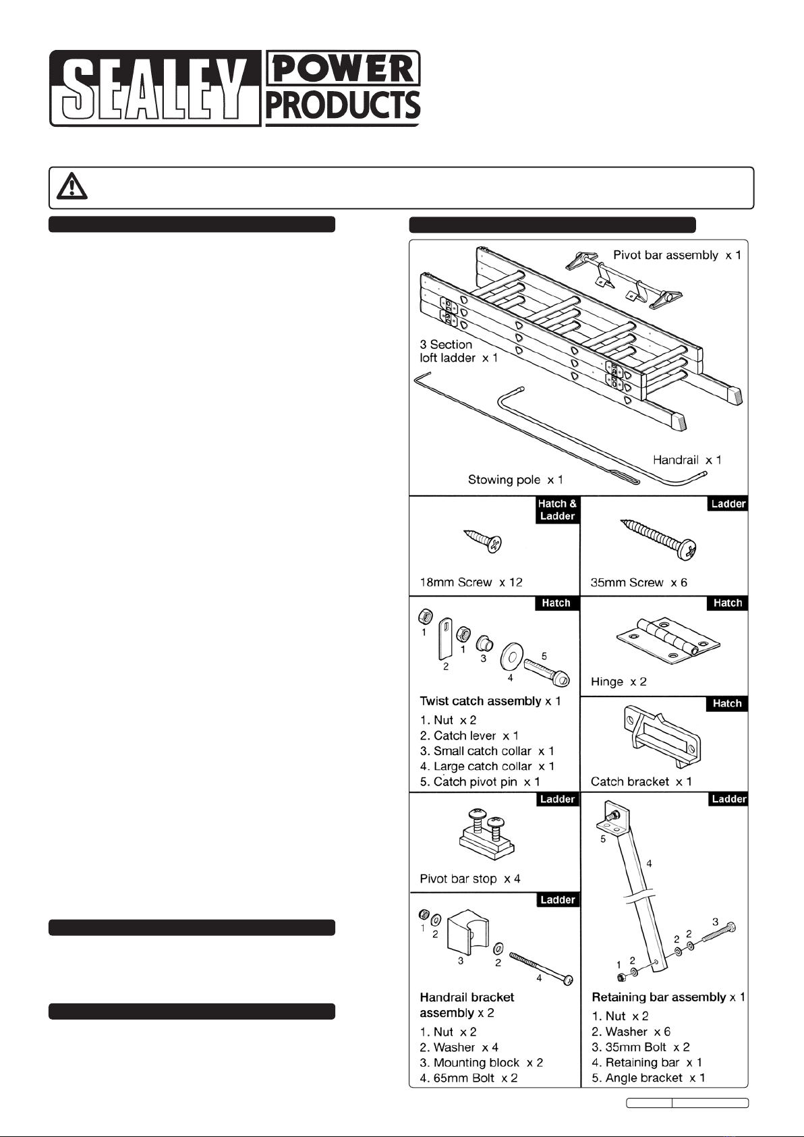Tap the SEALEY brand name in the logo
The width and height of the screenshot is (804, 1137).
pyautogui.click(x=154, y=88)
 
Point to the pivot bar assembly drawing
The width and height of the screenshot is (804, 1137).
pyautogui.click(x=624, y=281)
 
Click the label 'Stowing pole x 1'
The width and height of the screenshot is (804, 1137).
pyautogui.click(x=515, y=480)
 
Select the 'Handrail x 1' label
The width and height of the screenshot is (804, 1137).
pyautogui.click(x=687, y=460)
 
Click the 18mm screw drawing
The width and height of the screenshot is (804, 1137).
pyautogui.click(x=484, y=540)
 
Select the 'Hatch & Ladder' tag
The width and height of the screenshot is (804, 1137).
pyautogui.click(x=556, y=510)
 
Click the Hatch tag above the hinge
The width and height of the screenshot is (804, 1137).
pyautogui.click(x=727, y=603)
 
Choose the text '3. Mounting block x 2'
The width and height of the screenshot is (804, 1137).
pyautogui.click(x=481, y=1063)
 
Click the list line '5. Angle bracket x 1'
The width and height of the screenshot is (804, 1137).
pyautogui.click(x=648, y=1078)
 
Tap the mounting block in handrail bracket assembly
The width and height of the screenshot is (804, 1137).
pyautogui.click(x=467, y=932)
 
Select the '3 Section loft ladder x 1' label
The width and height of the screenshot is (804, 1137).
pyautogui.click(x=459, y=352)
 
